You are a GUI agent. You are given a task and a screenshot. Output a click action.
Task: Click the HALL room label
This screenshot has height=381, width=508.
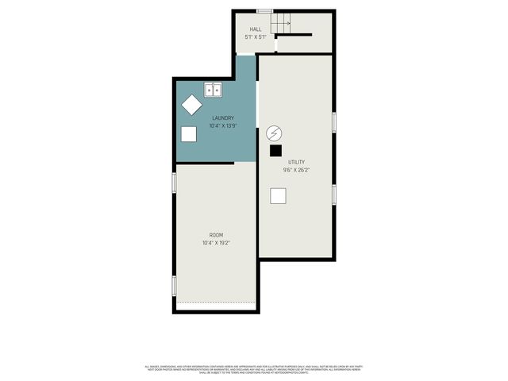coord(255,29)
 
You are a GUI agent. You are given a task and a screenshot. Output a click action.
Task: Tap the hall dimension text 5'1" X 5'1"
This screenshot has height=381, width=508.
coord(255,37)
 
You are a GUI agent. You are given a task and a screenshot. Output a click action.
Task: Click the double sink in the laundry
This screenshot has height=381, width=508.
coord(213,90)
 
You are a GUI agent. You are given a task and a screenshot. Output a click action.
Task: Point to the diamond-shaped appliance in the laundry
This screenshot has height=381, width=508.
coord(191,104)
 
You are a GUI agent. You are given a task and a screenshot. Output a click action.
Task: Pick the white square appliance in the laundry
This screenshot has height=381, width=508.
coord(189,133)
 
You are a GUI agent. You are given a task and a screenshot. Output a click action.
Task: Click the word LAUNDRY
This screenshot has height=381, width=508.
coord(222,118)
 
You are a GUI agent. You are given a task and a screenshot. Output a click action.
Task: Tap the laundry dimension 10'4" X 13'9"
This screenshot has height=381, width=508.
coord(222,125)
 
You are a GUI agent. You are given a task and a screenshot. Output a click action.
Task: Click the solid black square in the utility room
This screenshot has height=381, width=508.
coord(275,149)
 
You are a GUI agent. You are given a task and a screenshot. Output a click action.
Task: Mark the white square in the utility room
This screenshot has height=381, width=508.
coord(279,195)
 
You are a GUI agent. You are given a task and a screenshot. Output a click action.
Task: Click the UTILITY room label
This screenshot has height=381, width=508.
coord(296,162)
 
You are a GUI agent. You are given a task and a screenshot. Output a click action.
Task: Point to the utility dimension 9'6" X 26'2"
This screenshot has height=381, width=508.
coord(296,170)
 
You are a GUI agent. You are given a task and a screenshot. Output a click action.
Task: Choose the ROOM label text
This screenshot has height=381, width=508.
coord(216,235)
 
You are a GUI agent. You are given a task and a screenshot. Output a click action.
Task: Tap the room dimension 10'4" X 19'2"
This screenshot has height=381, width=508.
coord(216,243)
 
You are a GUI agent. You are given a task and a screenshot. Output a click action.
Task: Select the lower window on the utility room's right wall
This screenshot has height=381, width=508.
coord(334,194)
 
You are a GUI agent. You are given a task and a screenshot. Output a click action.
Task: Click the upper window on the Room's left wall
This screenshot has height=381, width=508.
coord(174,183)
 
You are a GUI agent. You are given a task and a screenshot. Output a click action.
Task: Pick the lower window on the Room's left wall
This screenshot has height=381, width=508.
coord(174,285)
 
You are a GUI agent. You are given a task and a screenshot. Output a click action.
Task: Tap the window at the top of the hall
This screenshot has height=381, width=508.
coord(265,10)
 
